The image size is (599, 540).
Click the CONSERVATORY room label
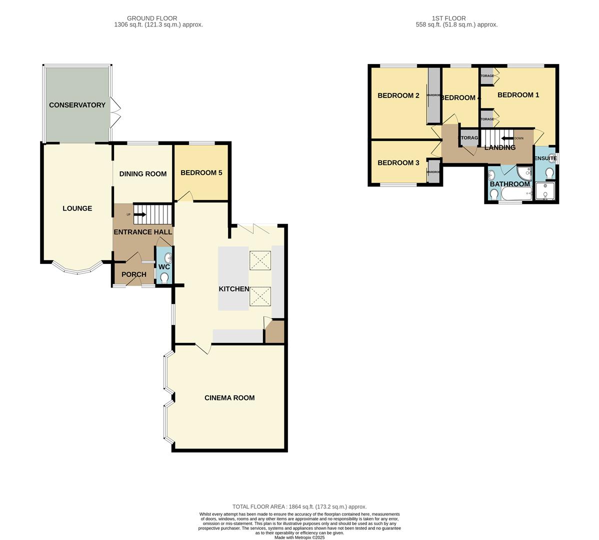pyautogui.click(x=77, y=105)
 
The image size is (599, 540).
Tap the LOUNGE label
pyautogui.click(x=77, y=208)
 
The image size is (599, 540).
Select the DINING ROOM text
pyautogui.click(x=142, y=174)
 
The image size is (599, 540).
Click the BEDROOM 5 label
pyautogui.click(x=201, y=173)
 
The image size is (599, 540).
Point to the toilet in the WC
pyautogui.click(x=164, y=278)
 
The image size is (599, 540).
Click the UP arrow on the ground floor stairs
pyautogui.click(x=139, y=214)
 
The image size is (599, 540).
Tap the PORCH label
pyautogui.click(x=134, y=274)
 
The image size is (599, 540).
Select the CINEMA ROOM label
pyautogui.click(x=229, y=398)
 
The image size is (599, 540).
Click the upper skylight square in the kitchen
pyautogui.click(x=260, y=260)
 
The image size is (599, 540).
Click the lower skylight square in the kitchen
pyautogui.click(x=260, y=296)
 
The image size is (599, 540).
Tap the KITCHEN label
pyautogui.click(x=233, y=289)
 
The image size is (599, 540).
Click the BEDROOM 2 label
pyautogui.click(x=398, y=95)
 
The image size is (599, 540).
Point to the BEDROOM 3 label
pyautogui.click(x=398, y=163)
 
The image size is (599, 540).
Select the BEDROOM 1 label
pyautogui.click(x=518, y=95)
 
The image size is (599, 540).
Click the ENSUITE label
pyautogui.click(x=545, y=158)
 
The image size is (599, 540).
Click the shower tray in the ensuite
pyautogui.click(x=545, y=191)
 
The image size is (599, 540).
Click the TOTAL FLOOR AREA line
pyautogui.click(x=299, y=506)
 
